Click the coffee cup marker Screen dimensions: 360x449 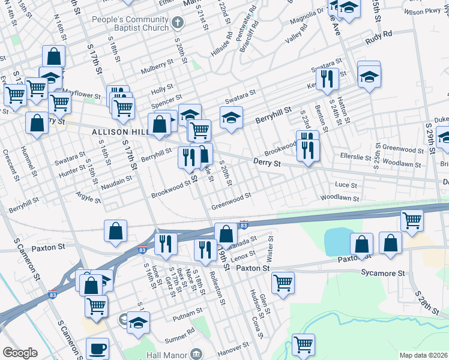97,347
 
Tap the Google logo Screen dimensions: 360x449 20,353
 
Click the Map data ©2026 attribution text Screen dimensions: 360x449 423,355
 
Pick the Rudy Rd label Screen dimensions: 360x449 379,38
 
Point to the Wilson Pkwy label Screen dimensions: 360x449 423,11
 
